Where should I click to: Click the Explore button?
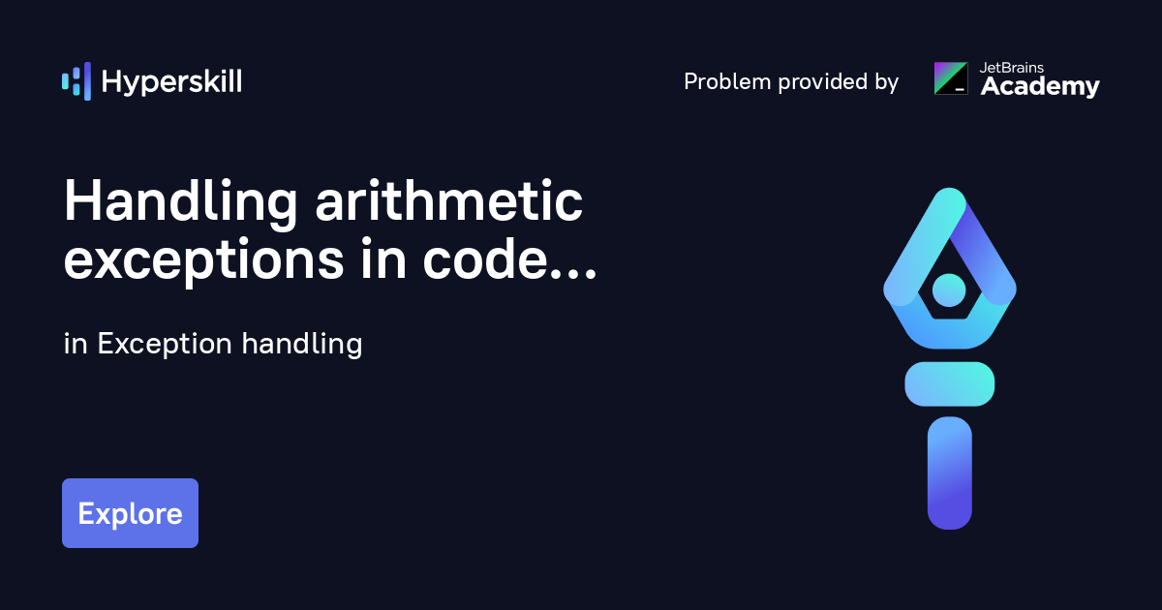pos(130,513)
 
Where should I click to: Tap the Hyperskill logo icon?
pos(76,81)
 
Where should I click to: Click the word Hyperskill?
pos(171,82)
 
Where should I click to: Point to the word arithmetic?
pos(448,202)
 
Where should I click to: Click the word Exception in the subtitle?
pos(165,344)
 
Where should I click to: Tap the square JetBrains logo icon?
pos(951,78)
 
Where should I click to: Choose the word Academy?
pos(1040,87)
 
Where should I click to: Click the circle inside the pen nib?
pos(949,289)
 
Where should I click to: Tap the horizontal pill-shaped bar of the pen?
pos(950,383)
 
